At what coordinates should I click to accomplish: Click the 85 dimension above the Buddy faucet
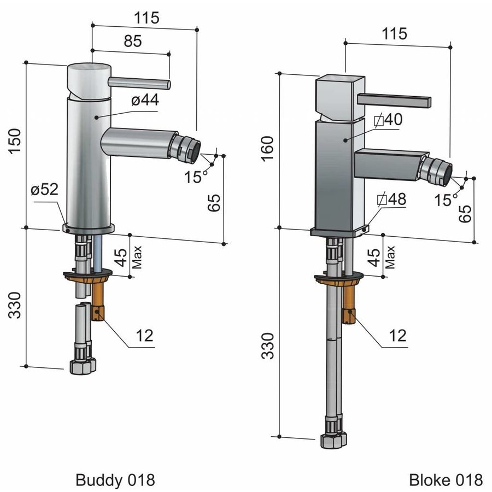132,41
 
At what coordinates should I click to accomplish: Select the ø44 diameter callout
144,101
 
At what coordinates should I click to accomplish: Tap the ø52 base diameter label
44,190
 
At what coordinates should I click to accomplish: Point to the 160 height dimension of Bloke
266,148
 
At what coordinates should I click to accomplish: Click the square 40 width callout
388,119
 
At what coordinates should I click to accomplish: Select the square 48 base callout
391,200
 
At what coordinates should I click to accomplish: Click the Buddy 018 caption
115,480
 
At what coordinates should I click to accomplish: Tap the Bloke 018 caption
446,480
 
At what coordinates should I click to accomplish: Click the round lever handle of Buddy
140,83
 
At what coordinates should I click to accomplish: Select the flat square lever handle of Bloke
394,100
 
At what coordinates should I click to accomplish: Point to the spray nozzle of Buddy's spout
186,149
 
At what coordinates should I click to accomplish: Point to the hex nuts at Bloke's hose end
333,440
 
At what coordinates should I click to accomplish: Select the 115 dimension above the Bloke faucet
395,33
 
